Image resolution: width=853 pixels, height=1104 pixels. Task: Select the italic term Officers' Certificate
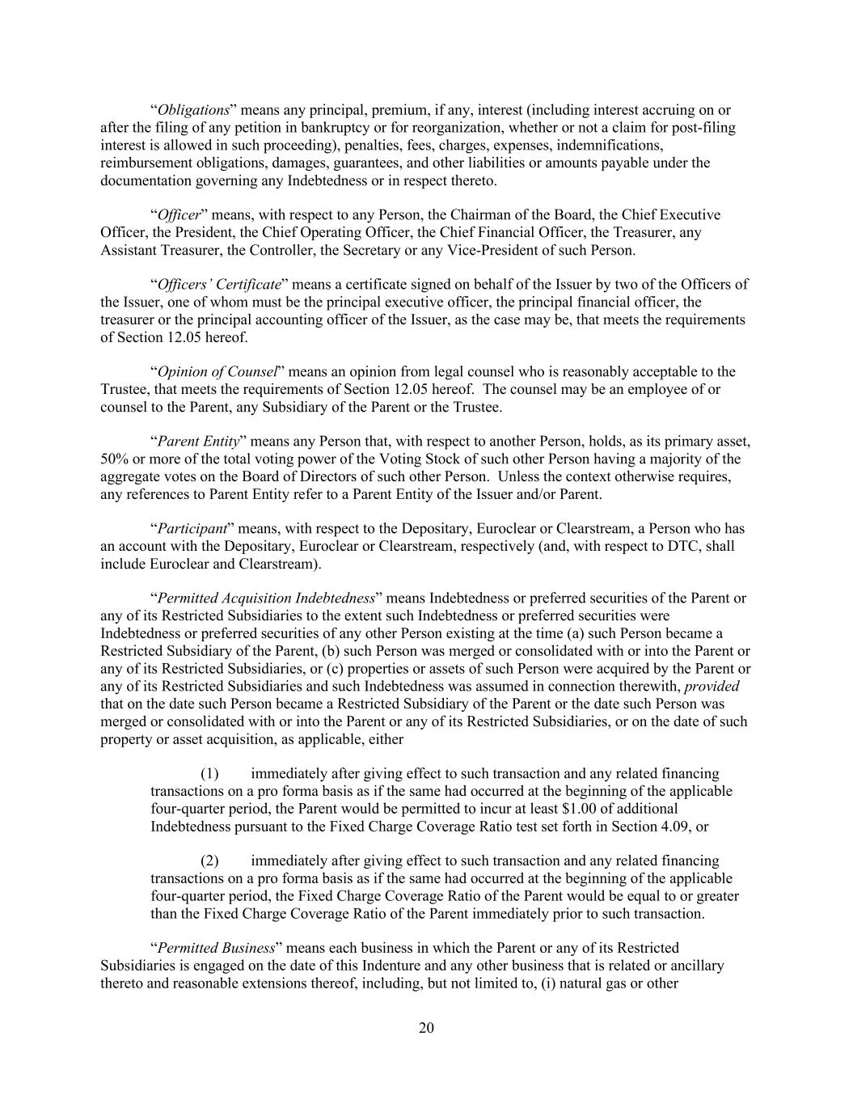219,284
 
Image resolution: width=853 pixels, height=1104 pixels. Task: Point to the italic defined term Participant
192,528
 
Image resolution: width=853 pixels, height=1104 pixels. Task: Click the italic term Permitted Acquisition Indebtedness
266,599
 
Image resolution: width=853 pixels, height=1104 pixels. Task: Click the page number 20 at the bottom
427,1027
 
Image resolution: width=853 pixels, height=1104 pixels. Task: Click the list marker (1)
210,773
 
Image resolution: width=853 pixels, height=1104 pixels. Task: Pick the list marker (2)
210,861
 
